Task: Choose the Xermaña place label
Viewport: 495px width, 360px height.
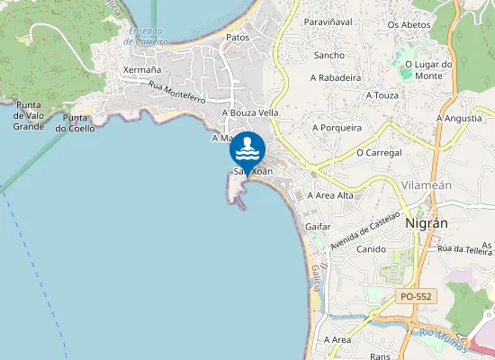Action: point(141,69)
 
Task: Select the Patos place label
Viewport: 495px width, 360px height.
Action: point(238,38)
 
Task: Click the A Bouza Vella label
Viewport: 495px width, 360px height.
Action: point(250,112)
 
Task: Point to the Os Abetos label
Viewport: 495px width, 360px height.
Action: point(408,24)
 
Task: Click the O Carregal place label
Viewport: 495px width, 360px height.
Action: point(377,153)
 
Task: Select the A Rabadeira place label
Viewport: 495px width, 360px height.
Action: point(336,78)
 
